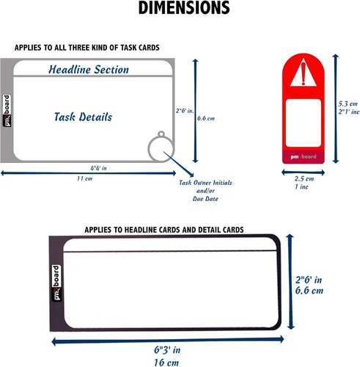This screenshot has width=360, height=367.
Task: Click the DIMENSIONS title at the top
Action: [184, 8]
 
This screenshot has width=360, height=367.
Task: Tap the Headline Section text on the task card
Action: [89, 70]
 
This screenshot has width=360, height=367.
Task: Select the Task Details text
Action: [83, 117]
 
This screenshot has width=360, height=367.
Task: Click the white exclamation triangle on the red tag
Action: [304, 73]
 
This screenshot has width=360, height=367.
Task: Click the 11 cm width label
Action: [84, 178]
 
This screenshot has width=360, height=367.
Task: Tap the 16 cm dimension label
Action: [166, 363]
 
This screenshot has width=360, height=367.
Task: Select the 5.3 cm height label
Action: [348, 103]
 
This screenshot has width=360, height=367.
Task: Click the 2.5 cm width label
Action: [304, 178]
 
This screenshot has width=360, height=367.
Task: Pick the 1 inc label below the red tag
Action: [301, 186]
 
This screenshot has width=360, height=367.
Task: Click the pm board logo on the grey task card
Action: [7, 111]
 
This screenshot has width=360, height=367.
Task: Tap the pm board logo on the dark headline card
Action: [56, 283]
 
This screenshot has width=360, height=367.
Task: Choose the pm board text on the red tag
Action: [304, 156]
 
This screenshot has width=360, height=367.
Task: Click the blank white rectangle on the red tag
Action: [304, 123]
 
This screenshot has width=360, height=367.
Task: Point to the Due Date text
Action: [205, 199]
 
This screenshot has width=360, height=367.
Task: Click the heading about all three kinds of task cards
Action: [87, 48]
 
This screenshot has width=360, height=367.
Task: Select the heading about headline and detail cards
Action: [164, 230]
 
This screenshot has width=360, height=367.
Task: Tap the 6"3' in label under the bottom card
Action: [167, 350]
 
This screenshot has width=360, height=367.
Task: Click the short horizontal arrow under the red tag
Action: [303, 172]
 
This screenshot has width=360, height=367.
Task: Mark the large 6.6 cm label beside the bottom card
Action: [309, 291]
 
